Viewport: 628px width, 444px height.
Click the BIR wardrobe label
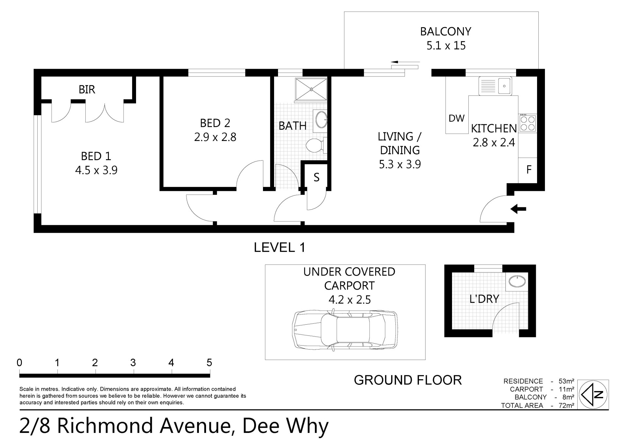coord(87,89)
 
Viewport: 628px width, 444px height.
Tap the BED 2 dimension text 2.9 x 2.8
coord(215,137)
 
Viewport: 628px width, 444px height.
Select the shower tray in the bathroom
coord(311,89)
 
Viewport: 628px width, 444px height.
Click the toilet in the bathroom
coord(316,145)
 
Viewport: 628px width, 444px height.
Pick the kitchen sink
coord(495,86)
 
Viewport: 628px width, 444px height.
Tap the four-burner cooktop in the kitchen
coord(527,123)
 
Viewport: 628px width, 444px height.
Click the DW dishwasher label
coord(457,118)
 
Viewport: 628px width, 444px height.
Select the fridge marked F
coord(528,170)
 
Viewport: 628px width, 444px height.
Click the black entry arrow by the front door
coord(518,209)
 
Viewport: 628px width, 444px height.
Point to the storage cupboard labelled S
coord(316,177)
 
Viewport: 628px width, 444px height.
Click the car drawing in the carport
coord(345,331)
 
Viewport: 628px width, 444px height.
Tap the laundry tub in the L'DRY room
coord(517,281)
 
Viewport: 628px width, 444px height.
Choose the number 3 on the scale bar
coord(133,363)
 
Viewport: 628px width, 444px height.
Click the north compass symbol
coord(593,395)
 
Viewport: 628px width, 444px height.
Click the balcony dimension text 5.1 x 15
coord(446,45)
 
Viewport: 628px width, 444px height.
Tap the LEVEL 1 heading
coord(280,248)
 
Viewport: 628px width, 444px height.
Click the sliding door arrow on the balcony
coord(405,62)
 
